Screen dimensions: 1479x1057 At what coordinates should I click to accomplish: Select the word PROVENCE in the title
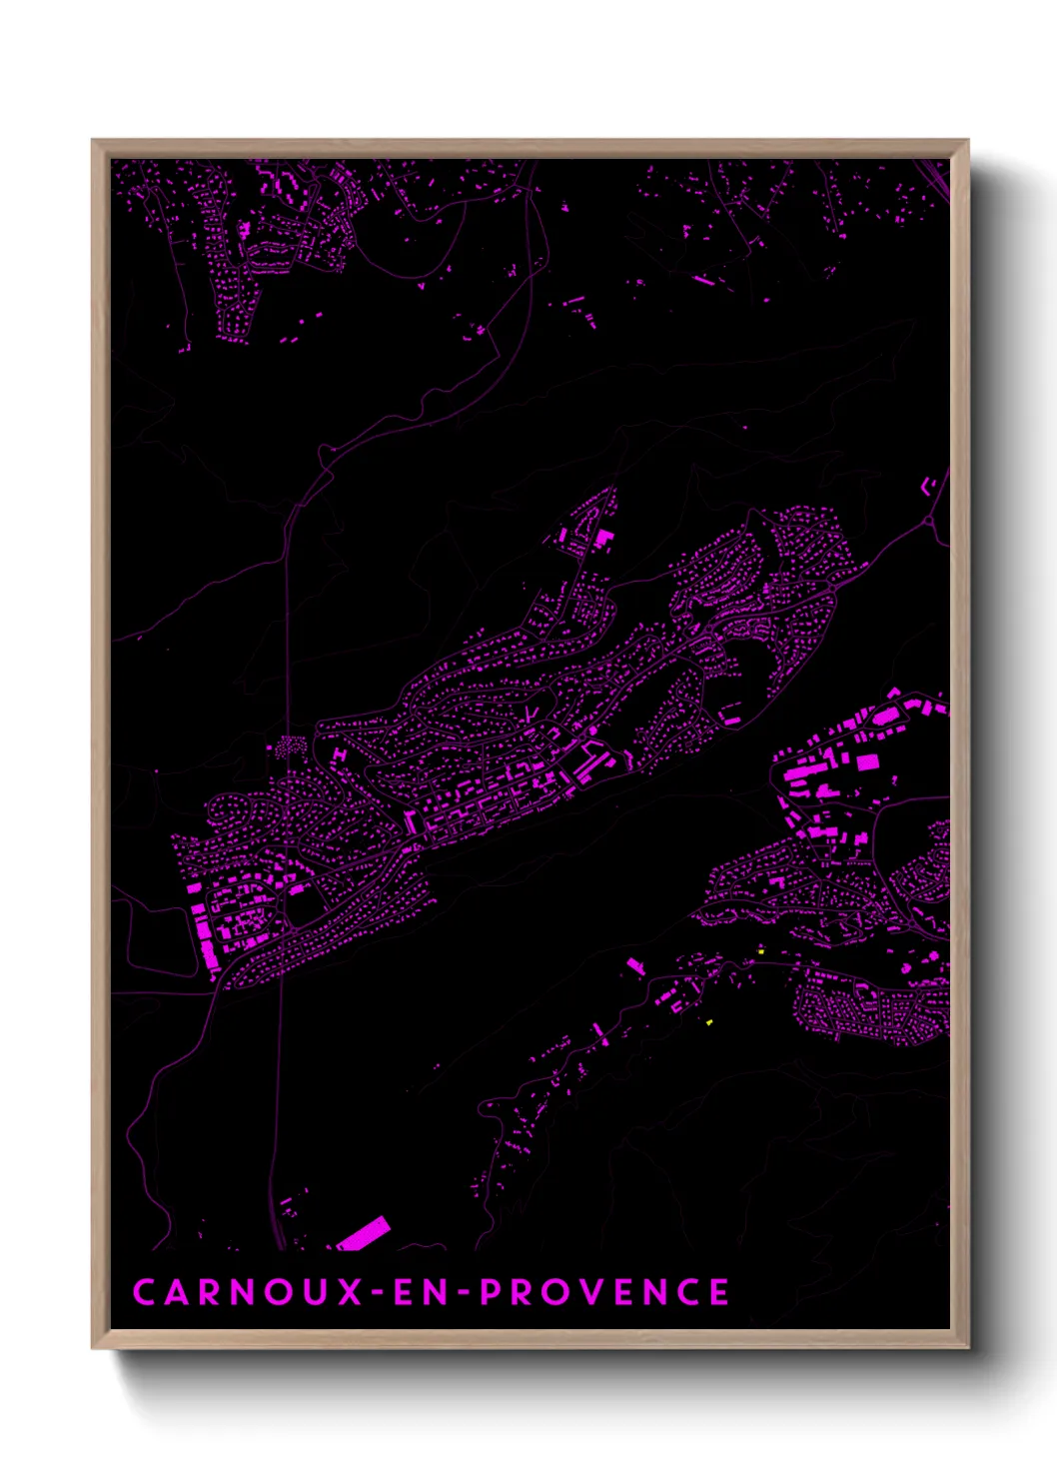click(x=604, y=1291)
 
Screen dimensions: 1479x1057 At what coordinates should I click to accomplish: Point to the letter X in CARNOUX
click(x=350, y=1291)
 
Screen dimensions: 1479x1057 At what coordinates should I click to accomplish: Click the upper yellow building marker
click(x=761, y=951)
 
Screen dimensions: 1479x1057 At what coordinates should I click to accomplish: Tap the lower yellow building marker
click(x=708, y=1022)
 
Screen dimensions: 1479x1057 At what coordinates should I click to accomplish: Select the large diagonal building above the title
click(x=363, y=1233)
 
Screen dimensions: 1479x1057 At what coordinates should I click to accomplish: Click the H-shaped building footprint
click(x=340, y=754)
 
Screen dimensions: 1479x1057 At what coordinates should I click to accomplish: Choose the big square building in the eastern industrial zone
click(x=867, y=762)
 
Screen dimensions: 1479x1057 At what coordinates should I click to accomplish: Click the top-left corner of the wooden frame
click(x=94, y=142)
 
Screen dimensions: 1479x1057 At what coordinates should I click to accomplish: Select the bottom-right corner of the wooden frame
click(x=967, y=1346)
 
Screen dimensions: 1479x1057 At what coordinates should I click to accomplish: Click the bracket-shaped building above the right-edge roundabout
click(x=928, y=486)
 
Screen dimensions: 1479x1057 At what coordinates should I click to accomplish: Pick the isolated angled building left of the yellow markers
click(x=635, y=965)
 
